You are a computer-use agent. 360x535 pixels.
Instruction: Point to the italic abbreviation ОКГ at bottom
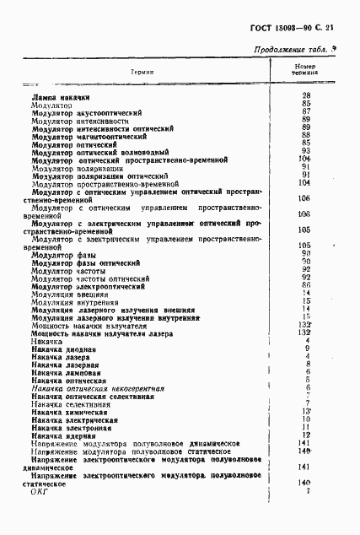pyautogui.click(x=40, y=491)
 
